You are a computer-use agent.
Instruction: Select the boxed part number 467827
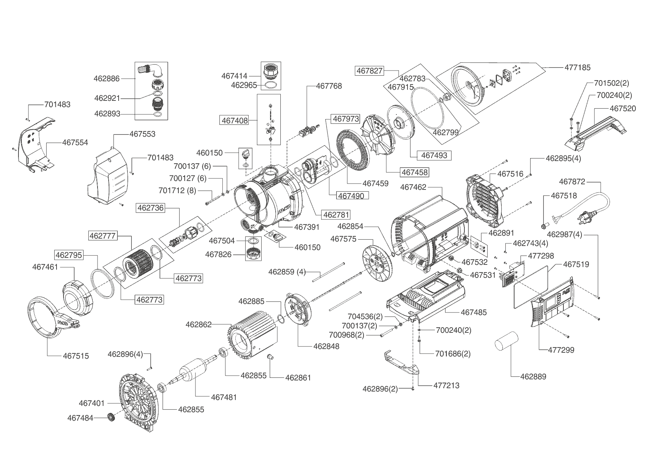point(370,71)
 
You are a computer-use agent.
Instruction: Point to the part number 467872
point(572,182)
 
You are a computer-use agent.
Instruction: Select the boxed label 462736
point(150,208)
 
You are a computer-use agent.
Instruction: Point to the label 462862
point(199,325)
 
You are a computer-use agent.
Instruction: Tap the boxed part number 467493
point(434,155)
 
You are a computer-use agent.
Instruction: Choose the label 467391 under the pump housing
point(307,227)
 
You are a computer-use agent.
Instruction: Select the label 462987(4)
point(564,235)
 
